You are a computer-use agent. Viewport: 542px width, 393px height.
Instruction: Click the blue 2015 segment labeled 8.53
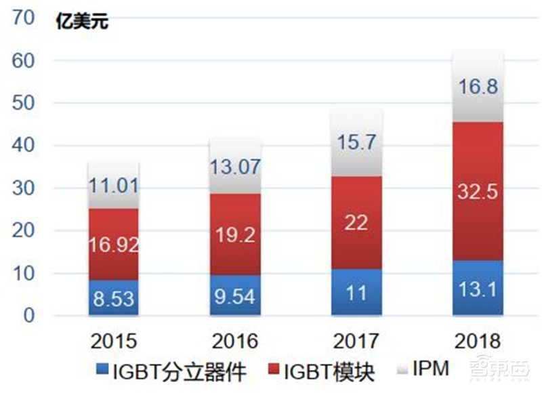pos(114,298)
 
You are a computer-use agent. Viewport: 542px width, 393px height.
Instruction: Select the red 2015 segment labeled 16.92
pos(114,245)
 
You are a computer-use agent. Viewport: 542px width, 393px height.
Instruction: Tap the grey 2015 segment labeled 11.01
pos(114,185)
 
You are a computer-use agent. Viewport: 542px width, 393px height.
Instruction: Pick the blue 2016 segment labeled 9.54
pos(235,295)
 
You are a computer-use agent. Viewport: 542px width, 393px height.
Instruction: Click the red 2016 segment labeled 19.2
pos(235,234)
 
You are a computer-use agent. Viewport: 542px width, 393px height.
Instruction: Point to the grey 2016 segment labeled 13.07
pos(235,166)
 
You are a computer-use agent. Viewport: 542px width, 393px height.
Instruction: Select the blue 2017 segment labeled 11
pos(356,293)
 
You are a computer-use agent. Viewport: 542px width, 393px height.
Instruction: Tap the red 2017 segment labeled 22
pos(356,223)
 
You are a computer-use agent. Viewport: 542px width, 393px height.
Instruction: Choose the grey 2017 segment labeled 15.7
pos(356,143)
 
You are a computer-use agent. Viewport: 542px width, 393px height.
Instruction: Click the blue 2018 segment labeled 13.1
pos(478,288)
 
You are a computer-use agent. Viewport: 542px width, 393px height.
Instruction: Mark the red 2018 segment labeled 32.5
pos(478,192)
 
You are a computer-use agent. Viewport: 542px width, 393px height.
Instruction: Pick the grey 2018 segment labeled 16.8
pos(478,87)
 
